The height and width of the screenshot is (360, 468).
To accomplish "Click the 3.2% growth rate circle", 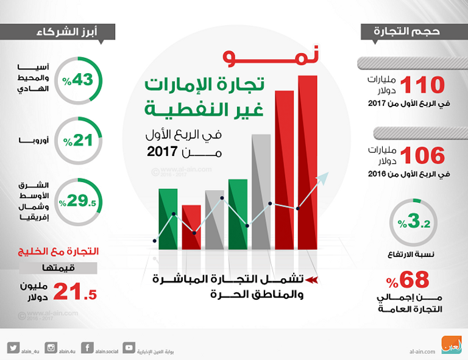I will click(x=413, y=223).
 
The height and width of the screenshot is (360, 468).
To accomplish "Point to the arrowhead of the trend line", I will click(x=325, y=177).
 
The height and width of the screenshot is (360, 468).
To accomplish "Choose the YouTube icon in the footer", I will click(x=129, y=348).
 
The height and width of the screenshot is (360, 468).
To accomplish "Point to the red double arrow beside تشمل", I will click(x=311, y=281).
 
